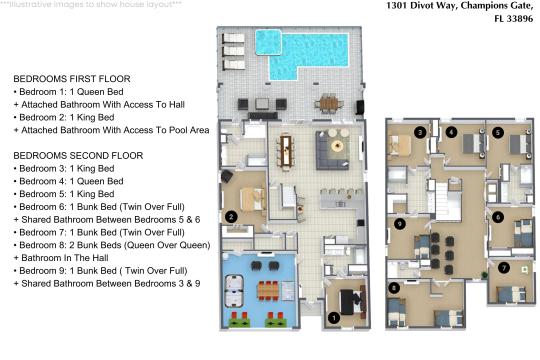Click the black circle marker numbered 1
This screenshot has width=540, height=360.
tap(333, 318)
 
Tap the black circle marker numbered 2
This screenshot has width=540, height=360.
tap(231, 217)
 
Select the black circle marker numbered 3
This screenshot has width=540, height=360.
tap(420, 132)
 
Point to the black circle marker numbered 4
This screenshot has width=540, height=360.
tap(451, 132)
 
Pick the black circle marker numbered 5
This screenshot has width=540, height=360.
tap(498, 132)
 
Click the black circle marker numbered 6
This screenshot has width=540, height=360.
tap(498, 217)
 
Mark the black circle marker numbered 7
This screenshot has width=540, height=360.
tap(503, 268)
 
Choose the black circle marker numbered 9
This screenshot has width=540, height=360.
tap(399, 224)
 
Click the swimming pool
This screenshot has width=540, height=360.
tap(302, 54)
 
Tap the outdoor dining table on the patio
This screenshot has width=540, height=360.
tap(329, 103)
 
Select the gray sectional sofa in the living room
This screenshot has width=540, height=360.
tap(332, 150)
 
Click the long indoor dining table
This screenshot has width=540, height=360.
tap(285, 151)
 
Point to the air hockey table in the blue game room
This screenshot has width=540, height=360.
tap(234, 290)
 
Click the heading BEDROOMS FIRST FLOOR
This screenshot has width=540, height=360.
tap(72, 79)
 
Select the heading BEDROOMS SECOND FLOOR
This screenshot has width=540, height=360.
tap(78, 156)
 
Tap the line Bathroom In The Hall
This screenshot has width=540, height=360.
tap(61, 258)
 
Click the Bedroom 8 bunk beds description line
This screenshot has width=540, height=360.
tap(112, 245)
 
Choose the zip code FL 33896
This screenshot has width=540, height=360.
tap(513, 19)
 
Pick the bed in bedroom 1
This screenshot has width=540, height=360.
tap(351, 302)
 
